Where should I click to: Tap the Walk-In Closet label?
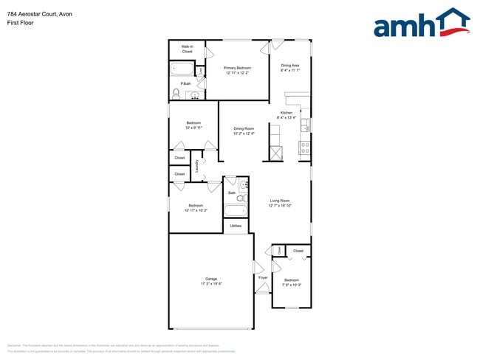(x=187, y=49)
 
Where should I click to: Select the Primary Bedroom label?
(x=238, y=68)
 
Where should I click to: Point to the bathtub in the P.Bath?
(x=182, y=70)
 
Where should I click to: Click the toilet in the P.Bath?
(x=174, y=93)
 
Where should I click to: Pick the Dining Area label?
(x=290, y=65)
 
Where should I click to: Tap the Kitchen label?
(x=287, y=113)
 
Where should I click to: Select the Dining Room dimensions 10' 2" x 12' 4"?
(x=244, y=134)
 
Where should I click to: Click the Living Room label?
(x=279, y=201)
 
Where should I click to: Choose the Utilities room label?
(x=236, y=226)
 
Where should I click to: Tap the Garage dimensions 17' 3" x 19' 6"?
(x=211, y=284)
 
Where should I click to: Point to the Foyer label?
(x=263, y=278)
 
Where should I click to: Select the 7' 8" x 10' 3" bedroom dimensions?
(x=292, y=285)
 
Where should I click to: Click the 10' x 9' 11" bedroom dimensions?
(x=193, y=127)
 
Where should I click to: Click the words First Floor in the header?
(x=19, y=23)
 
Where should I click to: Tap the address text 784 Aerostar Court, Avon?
(x=38, y=14)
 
